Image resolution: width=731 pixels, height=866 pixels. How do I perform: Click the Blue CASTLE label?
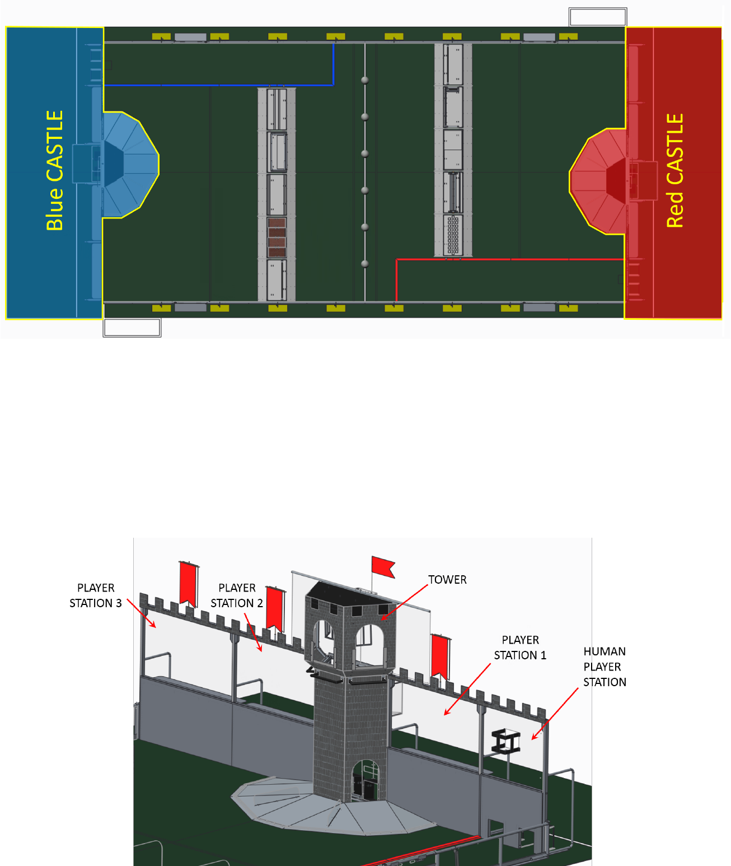click(x=54, y=171)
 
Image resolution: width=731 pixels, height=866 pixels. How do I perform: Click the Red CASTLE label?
click(x=675, y=171)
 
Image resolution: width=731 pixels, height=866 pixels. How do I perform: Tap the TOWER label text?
click(x=447, y=580)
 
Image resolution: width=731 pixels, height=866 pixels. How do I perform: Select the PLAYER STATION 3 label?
click(x=95, y=595)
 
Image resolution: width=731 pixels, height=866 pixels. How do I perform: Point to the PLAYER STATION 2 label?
click(x=237, y=595)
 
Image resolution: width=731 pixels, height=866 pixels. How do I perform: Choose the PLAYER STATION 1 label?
click(x=520, y=648)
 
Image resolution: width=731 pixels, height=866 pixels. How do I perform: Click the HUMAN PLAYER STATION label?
click(x=605, y=667)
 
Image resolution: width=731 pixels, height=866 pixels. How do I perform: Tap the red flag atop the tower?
click(x=383, y=566)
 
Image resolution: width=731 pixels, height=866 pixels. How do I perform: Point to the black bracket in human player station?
click(x=506, y=742)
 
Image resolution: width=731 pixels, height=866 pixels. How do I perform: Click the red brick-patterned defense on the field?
click(x=277, y=237)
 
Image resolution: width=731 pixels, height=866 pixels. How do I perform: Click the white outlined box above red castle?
click(x=597, y=17)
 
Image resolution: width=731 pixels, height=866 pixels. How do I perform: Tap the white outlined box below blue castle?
click(x=132, y=327)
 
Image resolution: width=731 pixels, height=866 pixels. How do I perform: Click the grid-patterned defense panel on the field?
click(x=453, y=235)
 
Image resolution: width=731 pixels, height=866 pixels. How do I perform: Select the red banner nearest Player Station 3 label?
click(x=188, y=583)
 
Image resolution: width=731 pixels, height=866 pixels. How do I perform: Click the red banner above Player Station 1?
click(x=440, y=655)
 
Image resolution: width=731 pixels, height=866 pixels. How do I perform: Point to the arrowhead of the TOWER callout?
click(x=383, y=619)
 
